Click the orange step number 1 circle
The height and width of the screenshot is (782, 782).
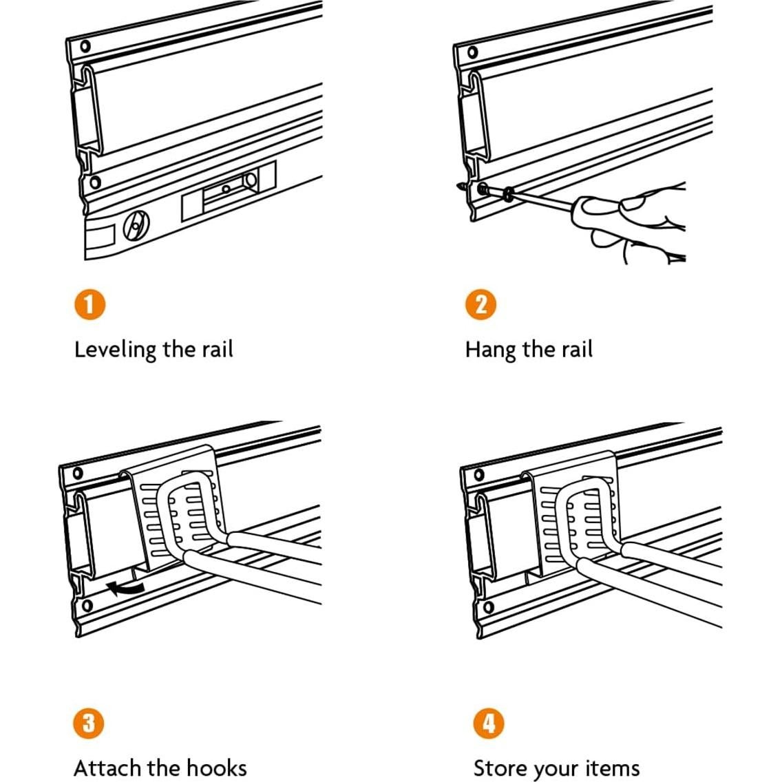click(89, 304)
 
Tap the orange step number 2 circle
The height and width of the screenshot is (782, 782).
click(480, 304)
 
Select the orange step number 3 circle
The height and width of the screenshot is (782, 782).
click(89, 723)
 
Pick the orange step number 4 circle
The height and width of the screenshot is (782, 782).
click(488, 723)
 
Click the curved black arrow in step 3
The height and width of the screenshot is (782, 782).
click(125, 586)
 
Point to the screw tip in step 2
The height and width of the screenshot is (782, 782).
click(460, 186)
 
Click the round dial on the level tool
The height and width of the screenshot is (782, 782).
click(135, 226)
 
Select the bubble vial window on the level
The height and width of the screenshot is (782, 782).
click(229, 187)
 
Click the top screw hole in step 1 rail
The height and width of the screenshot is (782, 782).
click(85, 47)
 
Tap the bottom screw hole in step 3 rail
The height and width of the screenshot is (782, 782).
click(86, 606)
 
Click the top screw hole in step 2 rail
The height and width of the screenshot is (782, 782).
click(472, 52)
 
